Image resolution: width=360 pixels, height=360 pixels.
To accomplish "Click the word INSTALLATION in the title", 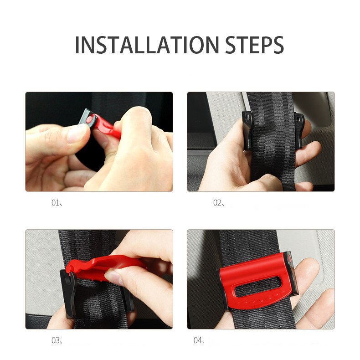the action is click(x=147, y=45).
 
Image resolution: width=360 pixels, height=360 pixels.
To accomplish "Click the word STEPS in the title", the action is click(x=254, y=45).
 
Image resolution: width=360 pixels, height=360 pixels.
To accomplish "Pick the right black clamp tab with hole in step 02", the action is click(x=299, y=130).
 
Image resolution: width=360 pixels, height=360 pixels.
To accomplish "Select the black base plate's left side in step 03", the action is click(x=68, y=294).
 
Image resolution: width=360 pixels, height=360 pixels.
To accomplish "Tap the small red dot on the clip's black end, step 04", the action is click(x=289, y=259).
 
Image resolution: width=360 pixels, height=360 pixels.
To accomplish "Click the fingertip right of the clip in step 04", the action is click(x=309, y=268).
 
